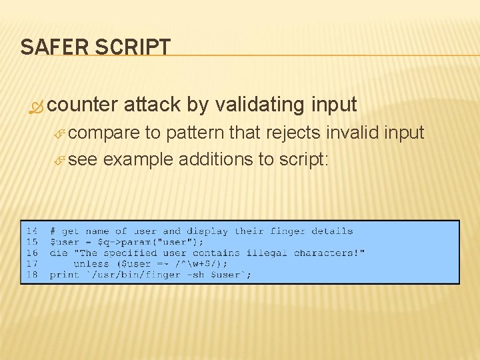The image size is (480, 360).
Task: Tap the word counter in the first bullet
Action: click(x=83, y=105)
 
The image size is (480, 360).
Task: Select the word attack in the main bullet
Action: click(x=152, y=105)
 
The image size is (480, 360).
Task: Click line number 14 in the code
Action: click(x=32, y=231)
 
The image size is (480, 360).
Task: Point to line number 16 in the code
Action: click(x=32, y=253)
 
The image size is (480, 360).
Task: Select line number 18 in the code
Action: click(x=32, y=275)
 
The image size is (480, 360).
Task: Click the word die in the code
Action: click(x=58, y=253)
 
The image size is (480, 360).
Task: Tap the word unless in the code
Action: click(x=91, y=264)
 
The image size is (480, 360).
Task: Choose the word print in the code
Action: click(x=64, y=275)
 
